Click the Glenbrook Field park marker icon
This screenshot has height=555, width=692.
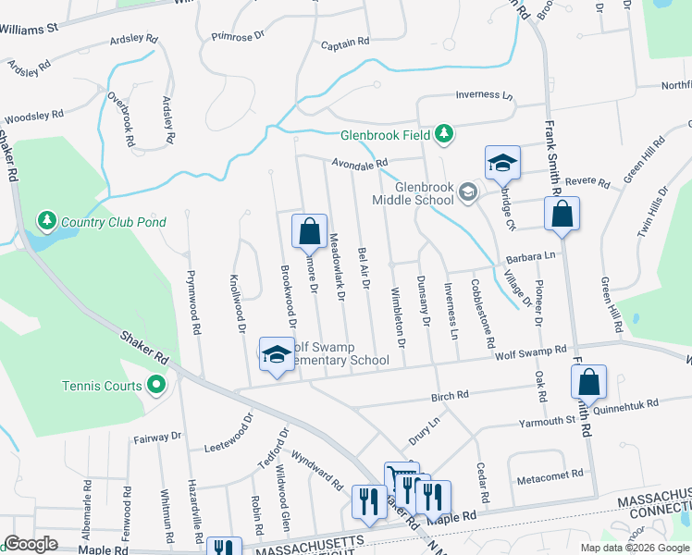coord(445,135)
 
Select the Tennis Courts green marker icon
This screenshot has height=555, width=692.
coord(155,385)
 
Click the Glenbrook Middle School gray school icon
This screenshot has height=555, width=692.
coord(468,191)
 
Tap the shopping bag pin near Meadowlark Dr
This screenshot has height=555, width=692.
coord(309,231)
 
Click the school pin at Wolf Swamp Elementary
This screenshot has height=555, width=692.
coord(276,355)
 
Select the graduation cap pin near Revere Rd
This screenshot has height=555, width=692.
coord(502,164)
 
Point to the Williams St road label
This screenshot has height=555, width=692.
coord(30,29)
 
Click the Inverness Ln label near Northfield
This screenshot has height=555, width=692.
coord(485,95)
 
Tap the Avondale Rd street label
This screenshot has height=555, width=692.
coord(359,164)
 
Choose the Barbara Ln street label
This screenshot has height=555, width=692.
coord(535,255)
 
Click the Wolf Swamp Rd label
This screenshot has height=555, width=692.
coord(529,351)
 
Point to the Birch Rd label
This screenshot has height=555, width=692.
coord(450,396)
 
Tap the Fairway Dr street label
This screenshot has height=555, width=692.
coord(157,435)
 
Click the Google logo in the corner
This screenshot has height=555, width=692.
coord(31,544)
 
